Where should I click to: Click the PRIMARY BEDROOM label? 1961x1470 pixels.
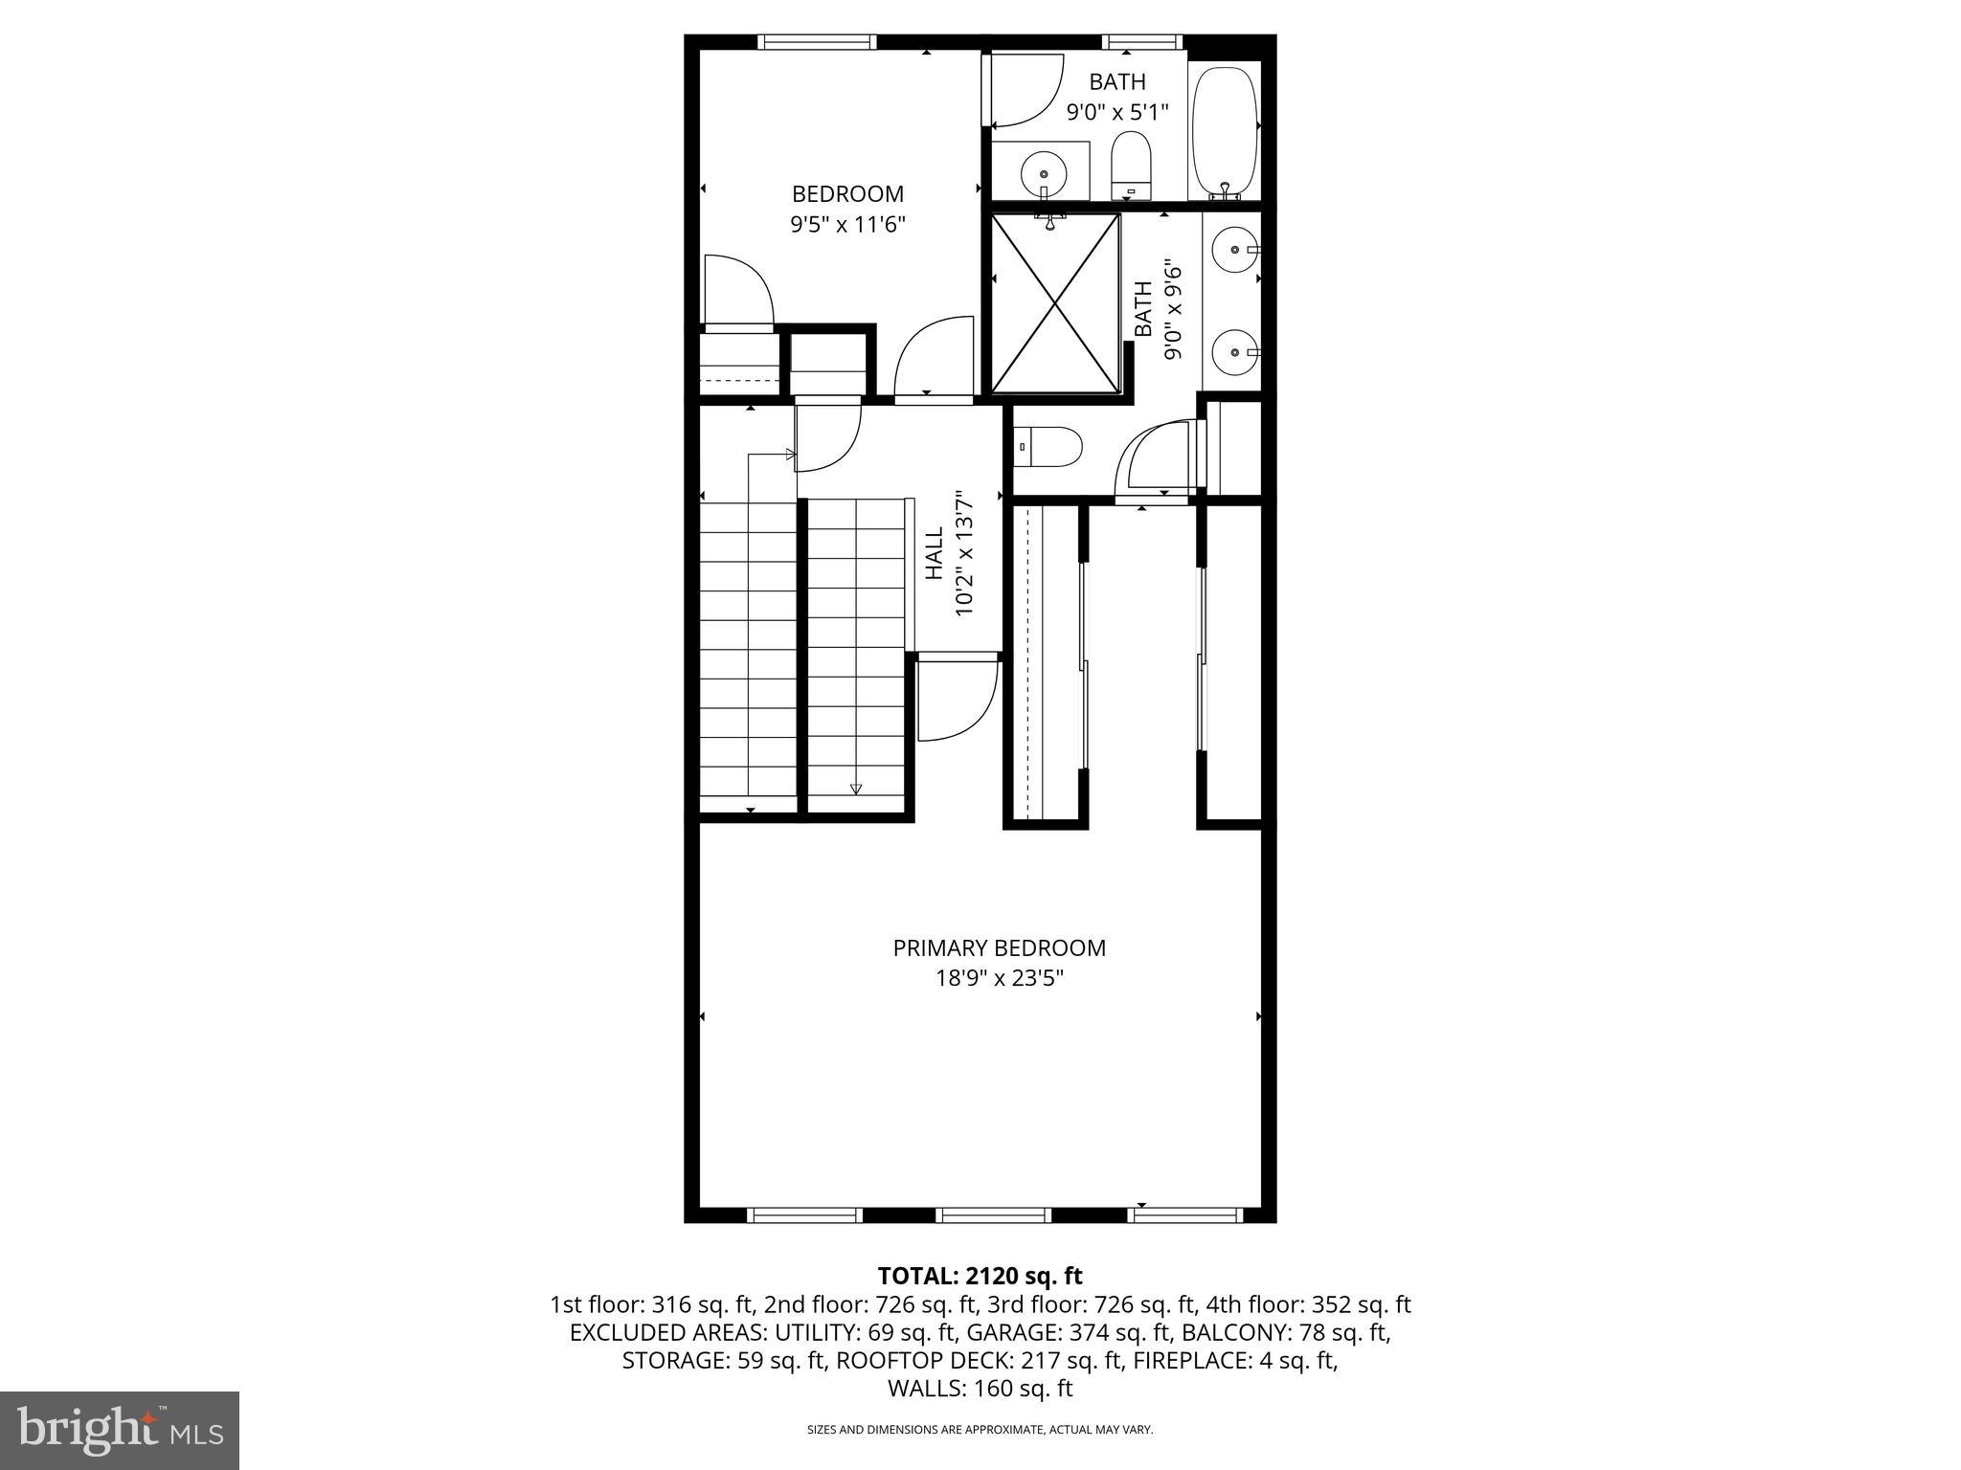[999, 947]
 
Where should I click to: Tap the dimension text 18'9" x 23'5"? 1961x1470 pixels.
[999, 978]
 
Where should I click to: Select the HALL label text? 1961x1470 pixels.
[934, 556]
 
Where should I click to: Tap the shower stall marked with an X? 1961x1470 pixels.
[1054, 302]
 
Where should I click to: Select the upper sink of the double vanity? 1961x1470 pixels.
[1233, 250]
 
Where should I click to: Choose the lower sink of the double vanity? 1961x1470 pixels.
[1233, 352]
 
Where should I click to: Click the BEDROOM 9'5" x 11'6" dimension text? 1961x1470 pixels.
[847, 225]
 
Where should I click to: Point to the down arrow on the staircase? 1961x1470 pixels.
[855, 789]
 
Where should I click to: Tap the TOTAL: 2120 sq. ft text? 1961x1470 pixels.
[980, 1276]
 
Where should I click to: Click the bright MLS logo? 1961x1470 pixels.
[120, 1430]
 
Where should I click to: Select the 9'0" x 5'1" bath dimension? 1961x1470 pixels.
[1117, 112]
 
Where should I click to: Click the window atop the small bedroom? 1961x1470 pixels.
[817, 42]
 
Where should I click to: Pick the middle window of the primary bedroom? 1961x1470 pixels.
[993, 1214]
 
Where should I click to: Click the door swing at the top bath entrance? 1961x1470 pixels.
[1025, 92]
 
